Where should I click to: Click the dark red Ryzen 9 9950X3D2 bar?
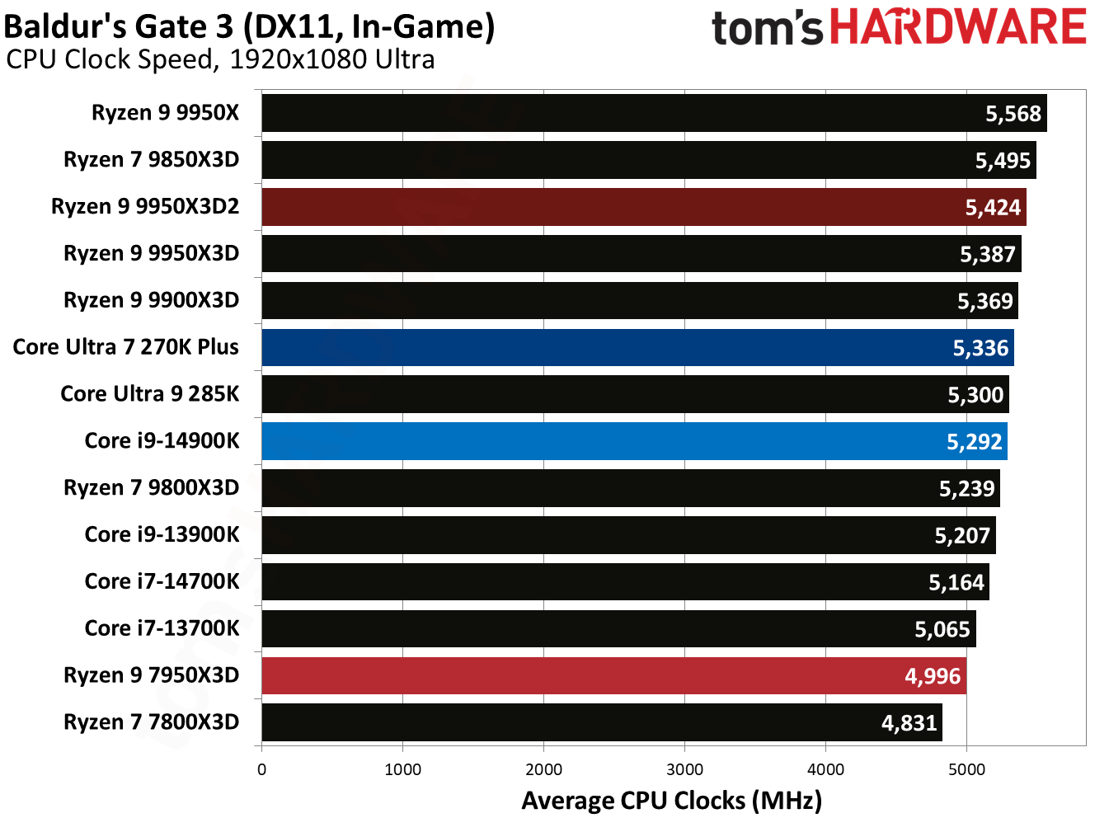click(x=643, y=207)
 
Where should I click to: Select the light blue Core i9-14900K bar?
click(x=634, y=441)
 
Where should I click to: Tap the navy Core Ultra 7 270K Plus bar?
click(x=637, y=347)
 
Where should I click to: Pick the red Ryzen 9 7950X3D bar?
click(x=613, y=675)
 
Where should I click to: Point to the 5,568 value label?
click(x=1013, y=114)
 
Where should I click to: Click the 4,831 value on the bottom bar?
click(x=909, y=723)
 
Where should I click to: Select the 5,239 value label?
click(x=966, y=489)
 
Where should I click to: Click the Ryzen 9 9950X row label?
click(x=165, y=113)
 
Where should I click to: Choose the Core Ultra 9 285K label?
click(x=149, y=394)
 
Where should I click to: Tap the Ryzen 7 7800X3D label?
click(x=151, y=722)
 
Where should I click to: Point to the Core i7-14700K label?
click(x=162, y=581)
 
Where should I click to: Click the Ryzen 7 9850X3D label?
click(x=151, y=160)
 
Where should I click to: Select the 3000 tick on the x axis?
click(x=684, y=769)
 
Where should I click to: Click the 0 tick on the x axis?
click(x=261, y=769)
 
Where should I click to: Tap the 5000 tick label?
click(x=966, y=769)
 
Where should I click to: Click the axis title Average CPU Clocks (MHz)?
click(x=671, y=801)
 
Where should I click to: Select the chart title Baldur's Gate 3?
click(x=249, y=26)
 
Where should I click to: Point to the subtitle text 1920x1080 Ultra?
click(x=332, y=59)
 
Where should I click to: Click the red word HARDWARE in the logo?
click(x=957, y=27)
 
